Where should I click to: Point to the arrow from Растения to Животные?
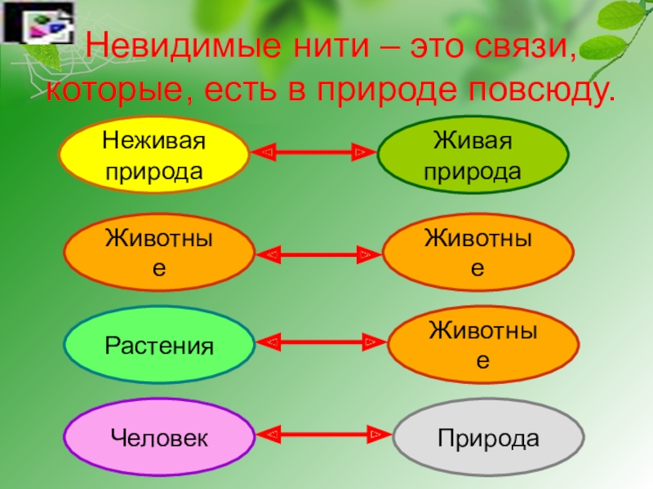click(x=322, y=342)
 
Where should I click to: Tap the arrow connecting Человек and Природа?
click(x=323, y=435)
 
